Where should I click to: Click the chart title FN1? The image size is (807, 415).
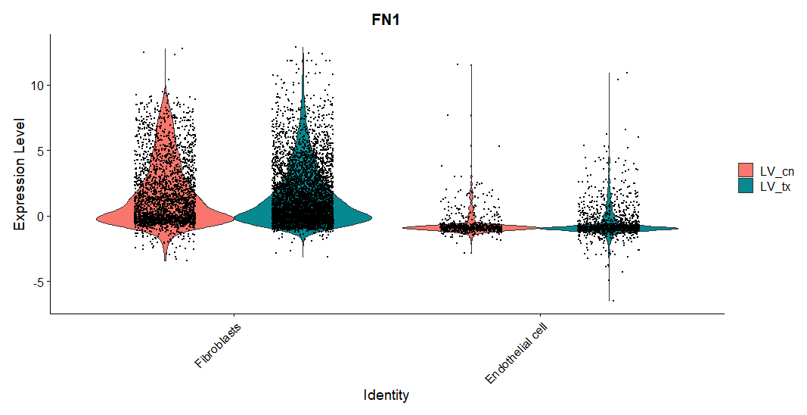[x=386, y=20]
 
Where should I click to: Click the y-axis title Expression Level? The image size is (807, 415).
[x=20, y=173]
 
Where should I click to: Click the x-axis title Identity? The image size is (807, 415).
[x=386, y=395]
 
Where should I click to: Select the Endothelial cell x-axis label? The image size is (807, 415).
[x=515, y=353]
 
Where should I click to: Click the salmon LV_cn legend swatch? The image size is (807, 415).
[x=746, y=170]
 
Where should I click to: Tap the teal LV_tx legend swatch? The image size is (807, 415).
[x=746, y=186]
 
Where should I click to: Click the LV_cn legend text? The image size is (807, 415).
[x=776, y=170]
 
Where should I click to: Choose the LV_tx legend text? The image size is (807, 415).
[x=775, y=186]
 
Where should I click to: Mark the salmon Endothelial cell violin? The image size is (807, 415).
[x=471, y=226]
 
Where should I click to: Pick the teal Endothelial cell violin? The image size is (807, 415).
[x=609, y=227]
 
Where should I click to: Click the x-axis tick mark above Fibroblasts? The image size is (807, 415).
[x=234, y=315]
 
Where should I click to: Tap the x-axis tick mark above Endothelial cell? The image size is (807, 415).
[x=540, y=315]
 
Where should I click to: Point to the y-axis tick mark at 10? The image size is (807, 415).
[x=48, y=85]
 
